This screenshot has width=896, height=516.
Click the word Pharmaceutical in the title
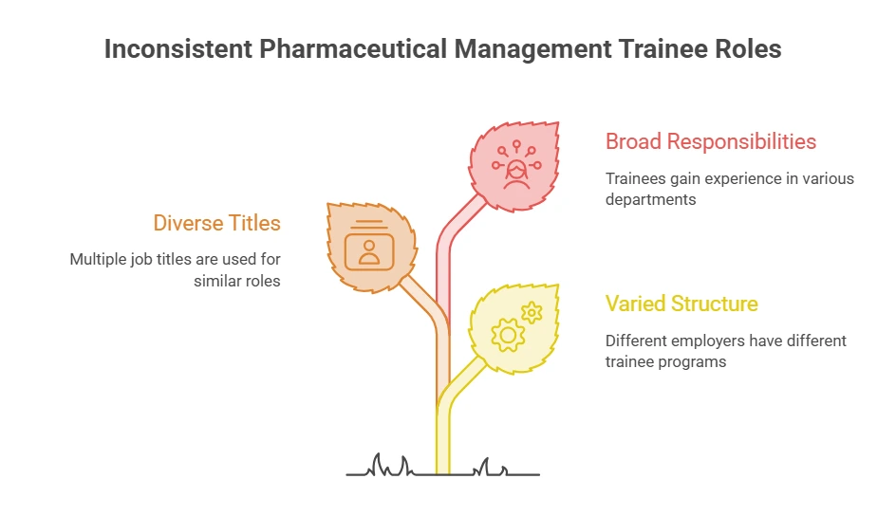[x=353, y=49]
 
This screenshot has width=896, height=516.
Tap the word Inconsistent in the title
[x=178, y=48]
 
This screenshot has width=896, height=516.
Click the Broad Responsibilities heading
[x=711, y=141]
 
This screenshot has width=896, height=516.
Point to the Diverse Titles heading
[x=217, y=223]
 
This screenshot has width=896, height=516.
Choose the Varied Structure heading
[x=681, y=304]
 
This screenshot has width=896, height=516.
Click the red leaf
[x=513, y=166]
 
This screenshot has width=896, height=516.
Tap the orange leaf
[x=371, y=248]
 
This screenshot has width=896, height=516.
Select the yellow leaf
[x=513, y=329]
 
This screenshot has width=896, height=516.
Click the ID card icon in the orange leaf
[x=369, y=247]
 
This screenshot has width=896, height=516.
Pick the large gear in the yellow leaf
[x=508, y=335]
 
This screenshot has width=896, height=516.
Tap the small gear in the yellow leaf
[x=532, y=313]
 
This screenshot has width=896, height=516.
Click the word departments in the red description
[x=651, y=200]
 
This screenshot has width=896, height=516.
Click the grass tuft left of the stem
[x=390, y=465]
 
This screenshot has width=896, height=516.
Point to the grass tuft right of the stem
[x=489, y=467]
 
